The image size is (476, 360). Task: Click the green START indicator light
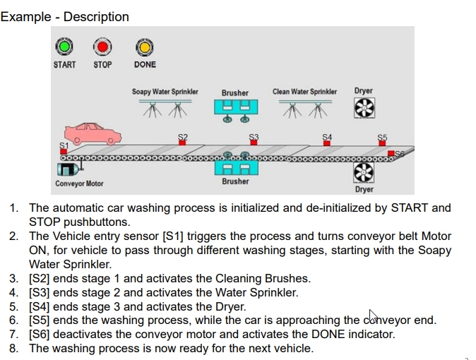(64, 47)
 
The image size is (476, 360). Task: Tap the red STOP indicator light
(103, 47)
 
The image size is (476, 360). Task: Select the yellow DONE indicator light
(145, 47)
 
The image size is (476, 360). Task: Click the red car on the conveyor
(93, 133)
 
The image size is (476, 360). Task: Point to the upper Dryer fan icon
(364, 107)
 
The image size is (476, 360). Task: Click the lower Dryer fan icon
(363, 172)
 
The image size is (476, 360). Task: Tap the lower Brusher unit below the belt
(235, 167)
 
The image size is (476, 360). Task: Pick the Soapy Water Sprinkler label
(165, 92)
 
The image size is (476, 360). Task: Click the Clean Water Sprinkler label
(304, 92)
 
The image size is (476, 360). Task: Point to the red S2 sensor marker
(182, 143)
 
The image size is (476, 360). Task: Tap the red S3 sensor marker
(254, 143)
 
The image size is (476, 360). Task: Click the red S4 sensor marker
(326, 143)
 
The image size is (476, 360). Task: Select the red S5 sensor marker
(382, 143)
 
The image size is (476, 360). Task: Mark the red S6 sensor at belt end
(391, 153)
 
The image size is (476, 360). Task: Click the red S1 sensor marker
(64, 151)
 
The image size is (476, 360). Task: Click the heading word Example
(25, 16)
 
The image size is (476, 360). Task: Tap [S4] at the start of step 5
(41, 306)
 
